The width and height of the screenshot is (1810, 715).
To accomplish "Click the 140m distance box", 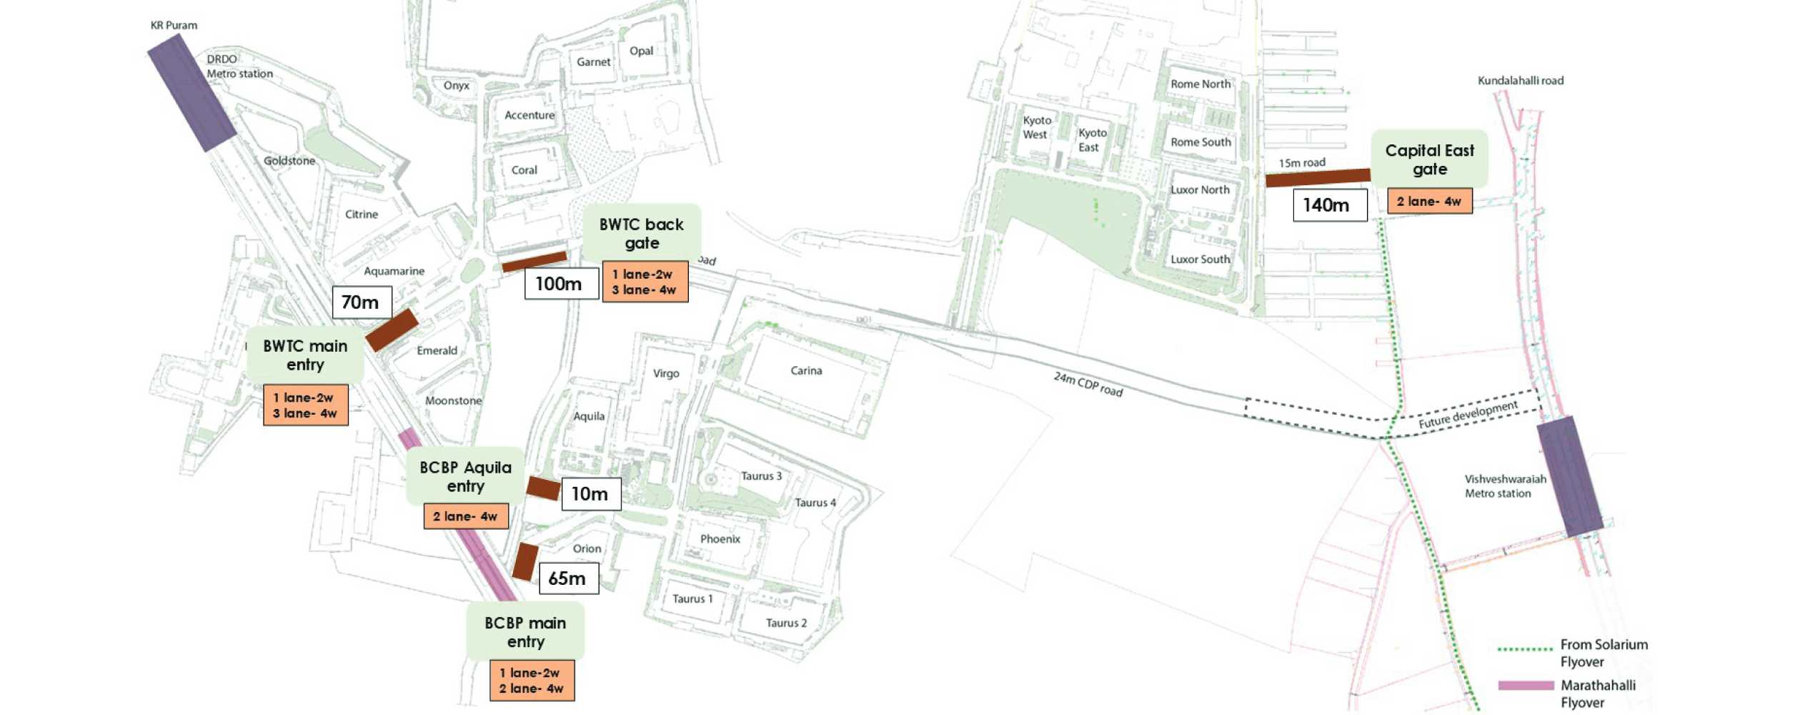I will click(x=1329, y=205).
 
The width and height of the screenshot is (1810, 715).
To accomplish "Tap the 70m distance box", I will click(x=362, y=302).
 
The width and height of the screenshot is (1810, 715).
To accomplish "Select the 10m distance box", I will click(x=590, y=494).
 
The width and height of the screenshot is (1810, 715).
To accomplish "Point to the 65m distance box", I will click(x=568, y=578).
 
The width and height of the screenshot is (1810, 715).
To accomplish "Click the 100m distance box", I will click(x=561, y=284).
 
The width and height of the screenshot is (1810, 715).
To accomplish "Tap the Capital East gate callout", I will click(x=1429, y=159).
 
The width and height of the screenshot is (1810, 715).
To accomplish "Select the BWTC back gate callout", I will click(x=641, y=234).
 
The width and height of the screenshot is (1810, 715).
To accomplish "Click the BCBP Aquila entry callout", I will click(x=465, y=476).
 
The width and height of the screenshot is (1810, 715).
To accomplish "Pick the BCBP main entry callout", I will click(x=525, y=632).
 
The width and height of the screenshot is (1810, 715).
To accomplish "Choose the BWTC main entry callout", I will click(x=305, y=355).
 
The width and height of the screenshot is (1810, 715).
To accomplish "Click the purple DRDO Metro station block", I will click(x=192, y=93).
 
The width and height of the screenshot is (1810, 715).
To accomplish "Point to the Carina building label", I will click(x=806, y=370).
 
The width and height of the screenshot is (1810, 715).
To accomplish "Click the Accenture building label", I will click(x=529, y=115).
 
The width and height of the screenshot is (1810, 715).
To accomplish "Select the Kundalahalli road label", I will click(x=1520, y=81).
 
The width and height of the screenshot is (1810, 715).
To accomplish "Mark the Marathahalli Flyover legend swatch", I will click(x=1526, y=685).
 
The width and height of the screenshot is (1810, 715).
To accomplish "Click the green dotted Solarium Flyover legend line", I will click(x=1525, y=649).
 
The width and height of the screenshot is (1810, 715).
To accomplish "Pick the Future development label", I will click(x=1468, y=415).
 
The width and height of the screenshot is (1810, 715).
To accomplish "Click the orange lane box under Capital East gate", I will click(x=1429, y=201).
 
